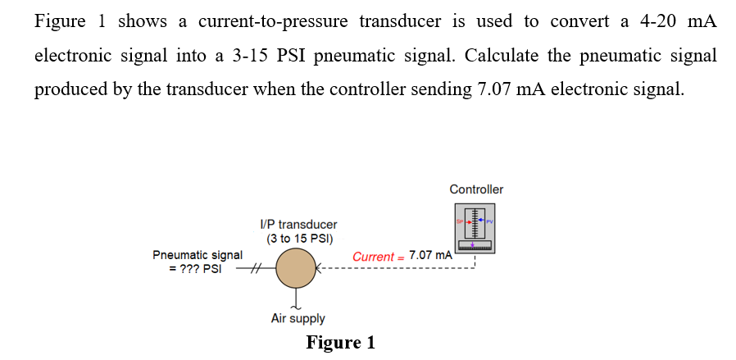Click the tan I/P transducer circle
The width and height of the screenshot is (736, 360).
click(296, 269)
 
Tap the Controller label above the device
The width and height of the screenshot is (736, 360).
click(476, 189)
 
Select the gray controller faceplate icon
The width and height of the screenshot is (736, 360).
click(476, 229)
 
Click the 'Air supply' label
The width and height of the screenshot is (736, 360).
click(298, 318)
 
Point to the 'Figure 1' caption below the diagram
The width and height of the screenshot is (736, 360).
click(340, 343)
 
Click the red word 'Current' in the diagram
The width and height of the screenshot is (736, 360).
click(373, 256)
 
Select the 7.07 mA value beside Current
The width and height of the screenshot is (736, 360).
click(430, 255)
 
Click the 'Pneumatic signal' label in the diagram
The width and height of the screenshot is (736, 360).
click(198, 255)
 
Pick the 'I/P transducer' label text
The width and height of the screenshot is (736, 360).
click(298, 224)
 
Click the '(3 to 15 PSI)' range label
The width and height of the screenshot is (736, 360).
click(298, 239)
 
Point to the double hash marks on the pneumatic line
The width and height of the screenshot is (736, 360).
click(255, 268)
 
